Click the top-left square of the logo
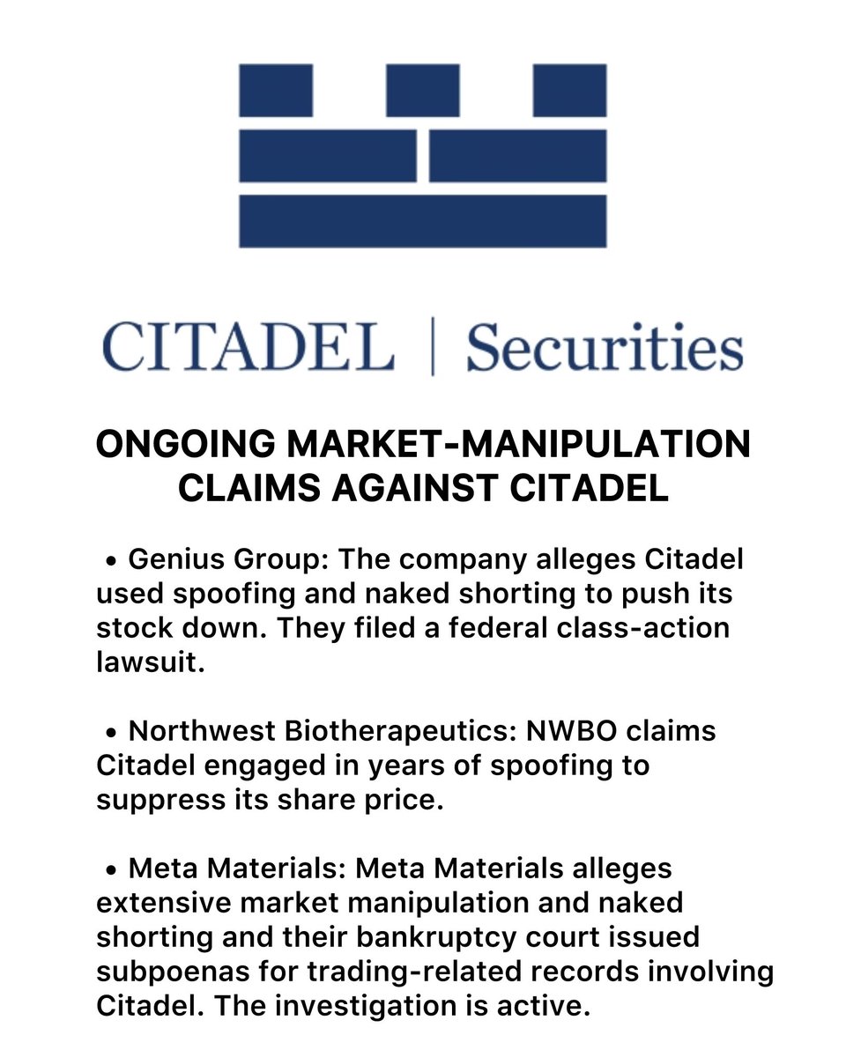point(276,91)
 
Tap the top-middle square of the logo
point(423,91)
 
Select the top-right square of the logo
point(569,91)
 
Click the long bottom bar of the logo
point(423,221)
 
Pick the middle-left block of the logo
point(328,156)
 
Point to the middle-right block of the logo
point(518,156)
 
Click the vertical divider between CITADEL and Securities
point(432,348)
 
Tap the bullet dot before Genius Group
point(112,560)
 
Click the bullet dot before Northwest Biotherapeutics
point(112,732)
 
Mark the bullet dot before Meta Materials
point(112,869)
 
